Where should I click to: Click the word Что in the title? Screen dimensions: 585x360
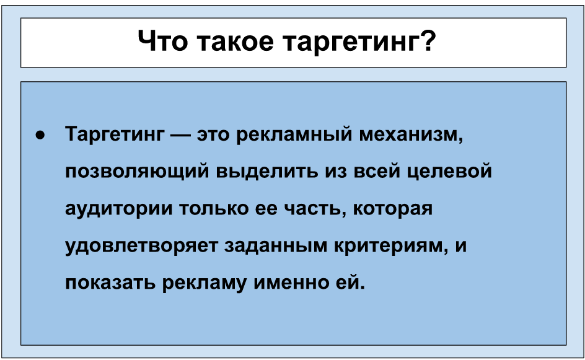162,41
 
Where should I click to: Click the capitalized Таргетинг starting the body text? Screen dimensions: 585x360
115,134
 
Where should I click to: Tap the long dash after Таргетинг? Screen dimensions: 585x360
180,135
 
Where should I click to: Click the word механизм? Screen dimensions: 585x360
411,135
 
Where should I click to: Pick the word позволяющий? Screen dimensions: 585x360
138,172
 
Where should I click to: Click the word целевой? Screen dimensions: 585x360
449,172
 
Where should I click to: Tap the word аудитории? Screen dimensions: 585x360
119,209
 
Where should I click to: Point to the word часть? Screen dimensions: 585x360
315,209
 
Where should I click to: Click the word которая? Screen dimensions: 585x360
392,209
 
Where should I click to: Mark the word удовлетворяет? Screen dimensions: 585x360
141,246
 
